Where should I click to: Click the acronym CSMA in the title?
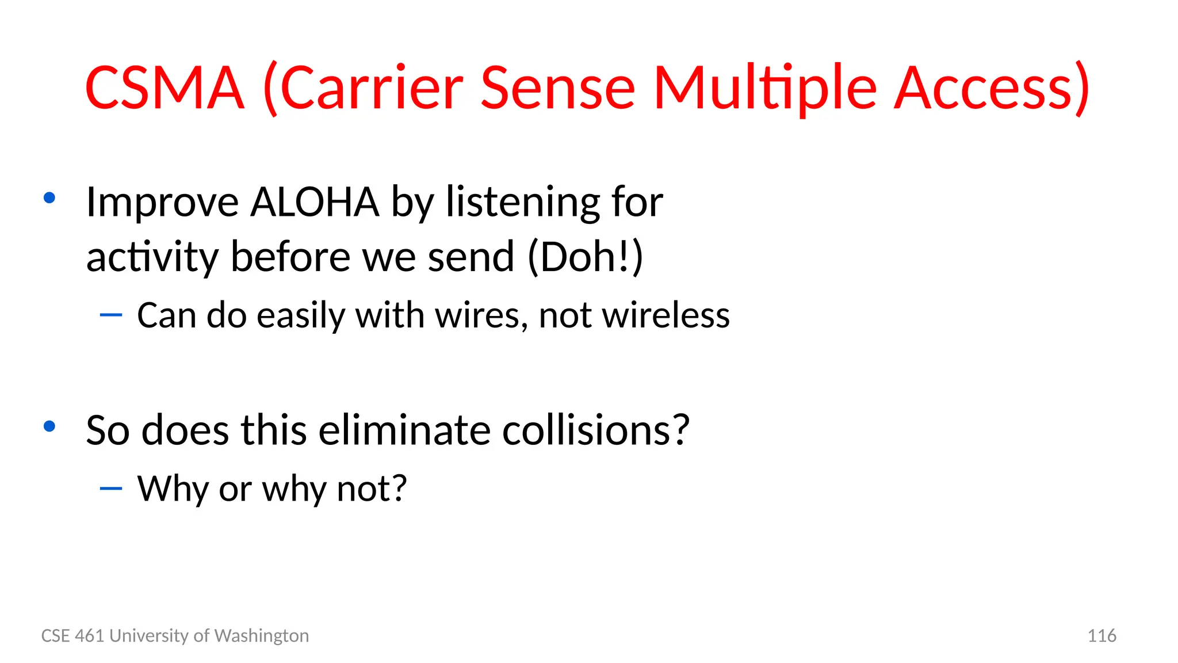[165, 88]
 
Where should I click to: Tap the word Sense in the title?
[557, 88]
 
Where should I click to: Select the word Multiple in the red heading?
[766, 88]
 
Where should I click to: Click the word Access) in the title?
[992, 88]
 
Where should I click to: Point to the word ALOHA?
[315, 202]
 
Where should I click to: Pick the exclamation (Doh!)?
[585, 257]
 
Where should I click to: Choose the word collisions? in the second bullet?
[595, 430]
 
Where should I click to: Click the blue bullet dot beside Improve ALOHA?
[49, 198]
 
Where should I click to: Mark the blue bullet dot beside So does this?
[49, 426]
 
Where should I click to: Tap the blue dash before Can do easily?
[111, 315]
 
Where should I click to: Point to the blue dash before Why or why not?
[111, 489]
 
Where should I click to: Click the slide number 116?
[1101, 635]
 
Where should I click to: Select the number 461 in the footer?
[90, 635]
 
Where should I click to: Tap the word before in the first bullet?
[290, 257]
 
